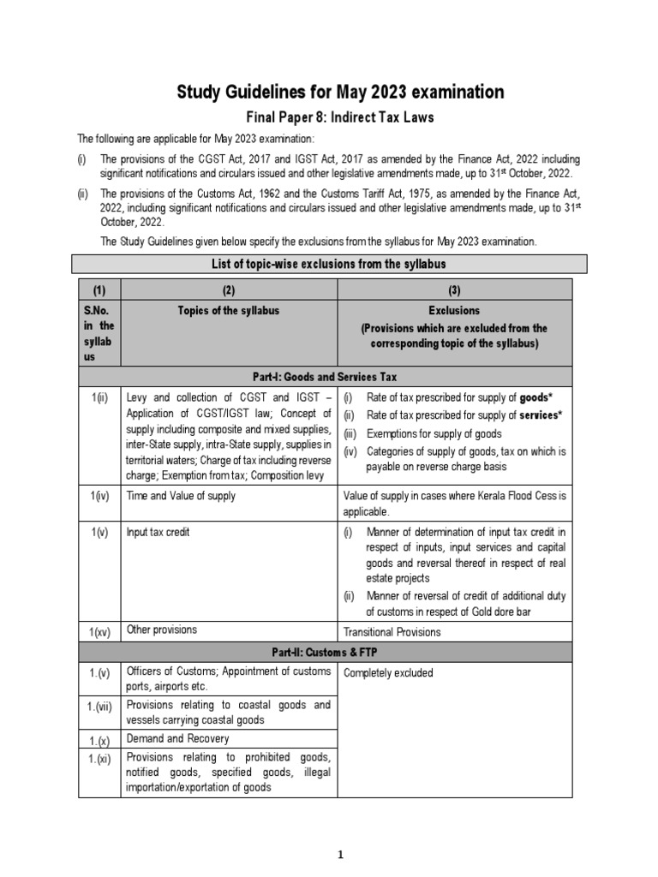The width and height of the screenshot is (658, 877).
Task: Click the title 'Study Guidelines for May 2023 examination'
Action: [340, 92]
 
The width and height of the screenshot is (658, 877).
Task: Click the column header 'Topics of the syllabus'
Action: [229, 310]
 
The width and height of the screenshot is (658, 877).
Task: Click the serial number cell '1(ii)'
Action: [99, 397]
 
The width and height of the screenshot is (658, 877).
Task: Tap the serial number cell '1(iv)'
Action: [99, 496]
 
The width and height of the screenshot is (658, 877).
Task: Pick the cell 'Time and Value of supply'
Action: [181, 496]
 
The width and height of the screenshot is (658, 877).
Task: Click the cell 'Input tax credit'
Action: [159, 532]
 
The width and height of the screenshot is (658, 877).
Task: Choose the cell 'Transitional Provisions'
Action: [392, 632]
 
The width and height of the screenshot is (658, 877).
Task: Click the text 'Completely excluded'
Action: [388, 672]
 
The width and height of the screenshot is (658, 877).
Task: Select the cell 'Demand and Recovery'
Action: [177, 737]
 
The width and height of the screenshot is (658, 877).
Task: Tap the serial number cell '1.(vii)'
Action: [99, 712]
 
